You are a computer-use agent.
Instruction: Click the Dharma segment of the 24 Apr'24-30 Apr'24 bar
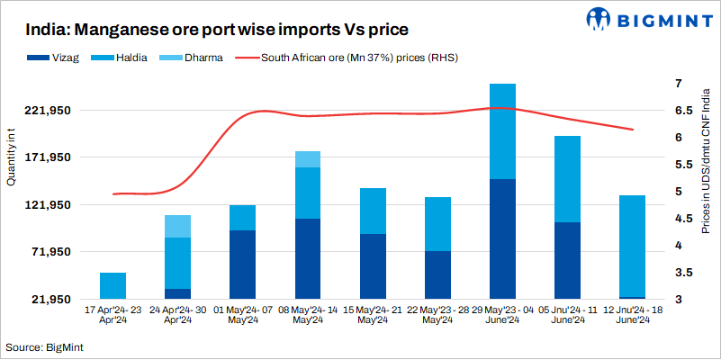177,226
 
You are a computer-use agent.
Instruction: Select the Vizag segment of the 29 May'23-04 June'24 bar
501,238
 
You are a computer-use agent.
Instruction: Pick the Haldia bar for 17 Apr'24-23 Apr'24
113,285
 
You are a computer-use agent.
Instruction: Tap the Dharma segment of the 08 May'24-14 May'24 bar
308,159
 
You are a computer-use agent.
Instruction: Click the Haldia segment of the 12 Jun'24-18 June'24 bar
633,246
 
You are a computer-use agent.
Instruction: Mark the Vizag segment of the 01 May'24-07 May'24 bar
242,265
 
